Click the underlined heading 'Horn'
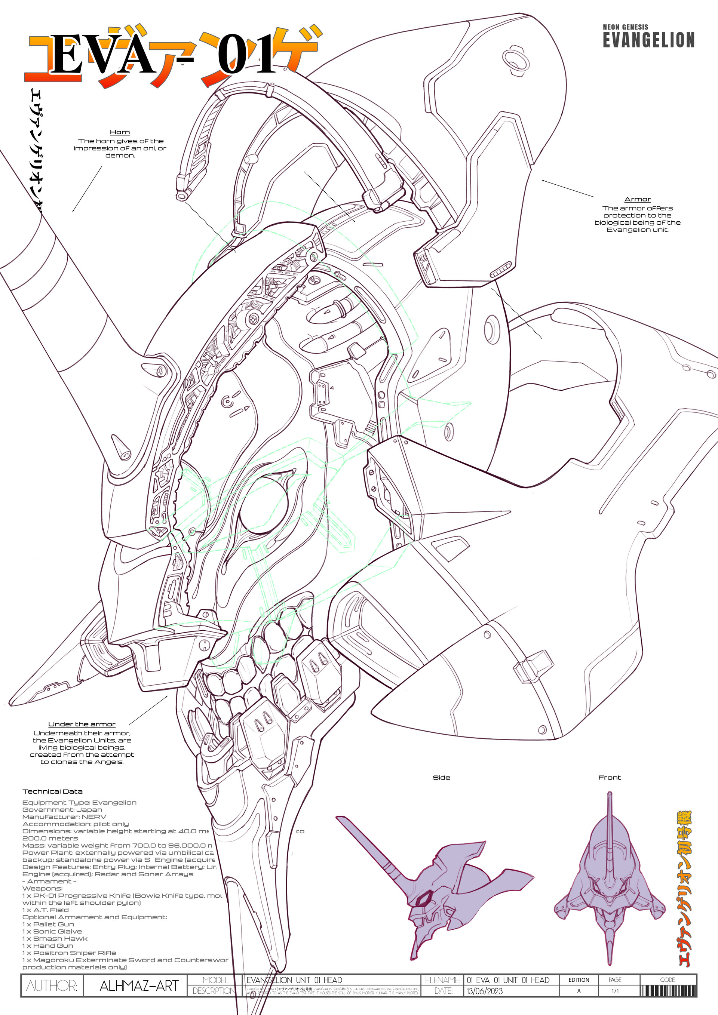point(120,132)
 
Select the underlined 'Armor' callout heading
point(637,199)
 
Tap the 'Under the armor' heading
point(82,724)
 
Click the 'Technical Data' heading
point(53,791)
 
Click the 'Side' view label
point(441,778)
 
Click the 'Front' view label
point(609,778)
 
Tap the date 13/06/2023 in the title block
point(485,991)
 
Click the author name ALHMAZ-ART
point(139,986)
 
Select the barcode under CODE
point(668,991)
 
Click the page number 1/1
point(615,991)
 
